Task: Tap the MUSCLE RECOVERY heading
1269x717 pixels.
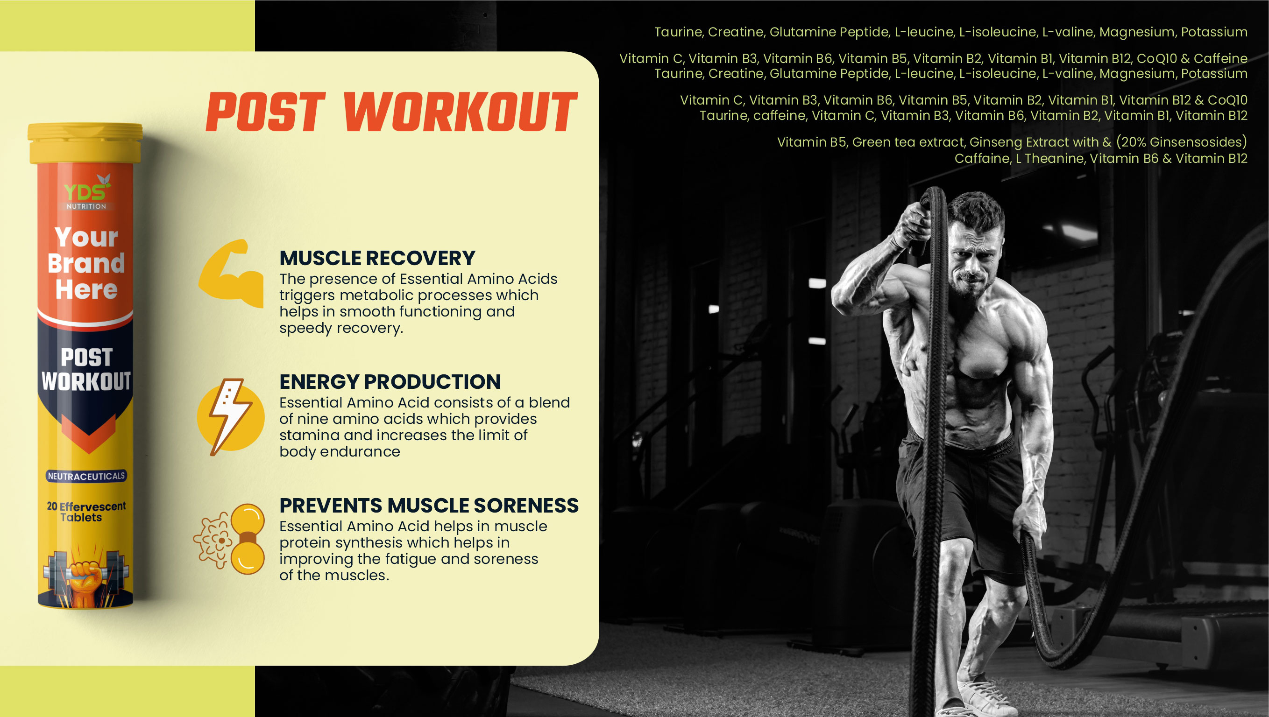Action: [x=377, y=258]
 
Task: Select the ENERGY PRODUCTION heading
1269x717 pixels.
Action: [x=390, y=382]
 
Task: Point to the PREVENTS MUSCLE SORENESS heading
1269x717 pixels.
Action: [x=429, y=505]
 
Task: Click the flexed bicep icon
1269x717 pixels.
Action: [x=231, y=274]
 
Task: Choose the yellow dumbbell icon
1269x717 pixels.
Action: [x=247, y=539]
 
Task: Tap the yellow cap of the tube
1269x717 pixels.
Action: [x=85, y=143]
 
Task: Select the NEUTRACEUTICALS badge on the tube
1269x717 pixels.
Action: [x=86, y=476]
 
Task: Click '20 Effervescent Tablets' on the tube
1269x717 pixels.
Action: [x=86, y=512]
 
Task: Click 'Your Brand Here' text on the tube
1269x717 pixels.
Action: [x=86, y=263]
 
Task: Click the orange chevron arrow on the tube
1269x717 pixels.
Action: [x=88, y=433]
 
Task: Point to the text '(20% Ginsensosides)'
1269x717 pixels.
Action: [x=1181, y=142]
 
